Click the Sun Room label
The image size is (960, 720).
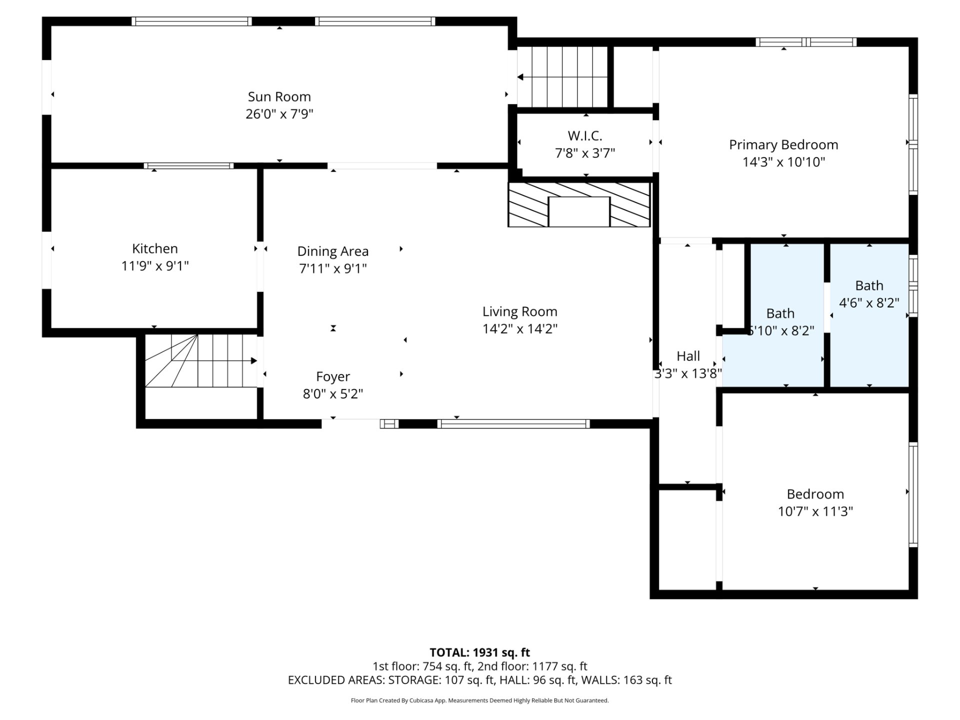coord(279,96)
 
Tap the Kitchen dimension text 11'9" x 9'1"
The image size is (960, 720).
coord(155,266)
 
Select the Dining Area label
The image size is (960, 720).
coord(333,251)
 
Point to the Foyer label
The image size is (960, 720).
coord(333,376)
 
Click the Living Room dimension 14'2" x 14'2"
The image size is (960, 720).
coord(520,329)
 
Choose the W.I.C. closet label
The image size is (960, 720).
coord(585,135)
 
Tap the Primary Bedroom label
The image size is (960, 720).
coord(783,145)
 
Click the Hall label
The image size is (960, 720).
coord(688,356)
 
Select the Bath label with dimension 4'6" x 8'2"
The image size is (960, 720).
coord(869,285)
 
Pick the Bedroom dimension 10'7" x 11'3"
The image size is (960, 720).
coord(815,511)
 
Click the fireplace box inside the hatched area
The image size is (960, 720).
coord(579,211)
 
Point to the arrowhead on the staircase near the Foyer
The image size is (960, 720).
coord(254,360)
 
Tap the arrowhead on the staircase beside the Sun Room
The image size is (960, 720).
coord(520,77)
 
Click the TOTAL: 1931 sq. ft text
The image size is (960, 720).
coord(480,652)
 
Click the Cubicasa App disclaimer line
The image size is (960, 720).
coord(480,700)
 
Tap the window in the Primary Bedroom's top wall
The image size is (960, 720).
coord(805,42)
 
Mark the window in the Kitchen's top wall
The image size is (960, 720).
coord(188,166)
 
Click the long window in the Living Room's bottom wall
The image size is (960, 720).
coord(513,424)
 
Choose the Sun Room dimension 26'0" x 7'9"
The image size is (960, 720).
coord(279,114)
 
